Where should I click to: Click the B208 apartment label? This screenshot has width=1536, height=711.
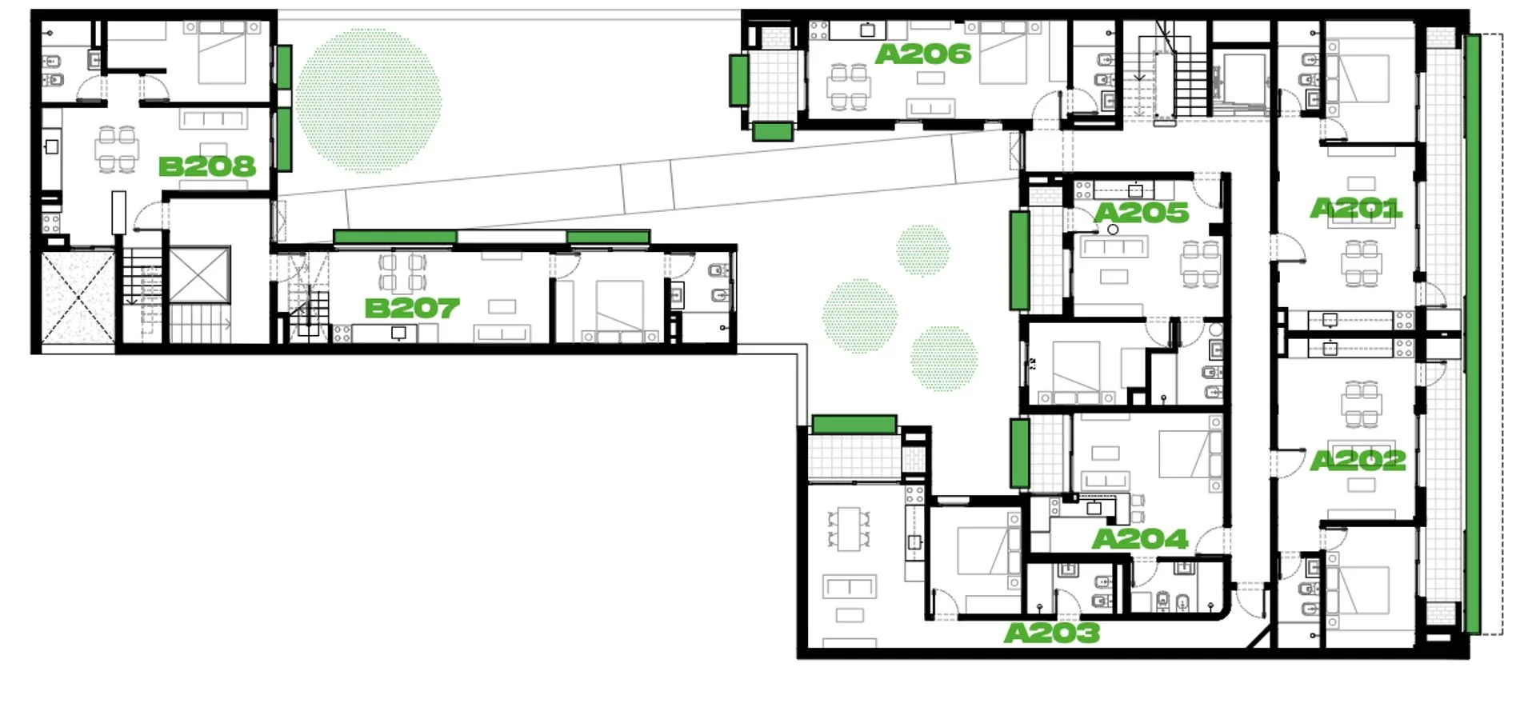point(207,166)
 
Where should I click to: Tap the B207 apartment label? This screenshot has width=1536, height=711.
point(412,308)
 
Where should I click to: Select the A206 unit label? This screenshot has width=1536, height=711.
point(923,54)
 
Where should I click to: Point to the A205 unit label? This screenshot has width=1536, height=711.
point(1142,213)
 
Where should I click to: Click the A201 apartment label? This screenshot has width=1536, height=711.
point(1356,209)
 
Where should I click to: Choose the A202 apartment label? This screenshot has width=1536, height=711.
point(1358,460)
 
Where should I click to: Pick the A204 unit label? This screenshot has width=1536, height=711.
point(1140,539)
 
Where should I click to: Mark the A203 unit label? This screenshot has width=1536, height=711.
point(1052,633)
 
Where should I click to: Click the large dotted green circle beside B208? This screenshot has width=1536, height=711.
point(368,100)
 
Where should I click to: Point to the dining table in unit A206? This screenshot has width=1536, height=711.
point(849,87)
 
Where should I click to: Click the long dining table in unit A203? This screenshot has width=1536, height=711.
point(849,529)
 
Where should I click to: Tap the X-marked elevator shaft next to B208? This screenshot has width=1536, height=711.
point(199,275)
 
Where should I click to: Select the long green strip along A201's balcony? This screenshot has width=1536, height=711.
point(1472,334)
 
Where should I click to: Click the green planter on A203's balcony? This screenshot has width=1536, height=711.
point(854,424)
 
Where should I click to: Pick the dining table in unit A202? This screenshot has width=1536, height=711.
point(1361,404)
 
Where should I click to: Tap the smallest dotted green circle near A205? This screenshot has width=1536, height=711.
point(923,250)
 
